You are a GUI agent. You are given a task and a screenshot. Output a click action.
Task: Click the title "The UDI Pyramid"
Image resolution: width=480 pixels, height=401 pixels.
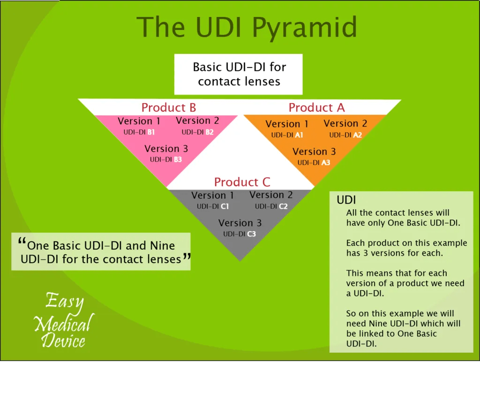click(246, 27)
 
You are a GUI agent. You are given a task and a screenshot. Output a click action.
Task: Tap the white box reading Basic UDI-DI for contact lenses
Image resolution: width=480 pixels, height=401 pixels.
click(239, 74)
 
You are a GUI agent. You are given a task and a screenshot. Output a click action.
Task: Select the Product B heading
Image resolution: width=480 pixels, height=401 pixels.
click(169, 107)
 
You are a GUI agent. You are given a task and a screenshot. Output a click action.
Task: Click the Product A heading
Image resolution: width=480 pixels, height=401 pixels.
click(316, 107)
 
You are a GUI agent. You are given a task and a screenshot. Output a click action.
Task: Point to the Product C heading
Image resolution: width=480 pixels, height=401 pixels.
click(242, 182)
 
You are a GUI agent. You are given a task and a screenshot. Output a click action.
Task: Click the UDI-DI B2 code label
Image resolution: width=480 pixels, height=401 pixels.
click(197, 132)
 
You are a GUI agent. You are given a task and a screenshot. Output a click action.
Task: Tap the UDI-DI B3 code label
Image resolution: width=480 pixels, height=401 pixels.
click(166, 159)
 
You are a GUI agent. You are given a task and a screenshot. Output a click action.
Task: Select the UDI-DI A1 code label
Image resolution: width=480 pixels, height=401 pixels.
click(287, 135)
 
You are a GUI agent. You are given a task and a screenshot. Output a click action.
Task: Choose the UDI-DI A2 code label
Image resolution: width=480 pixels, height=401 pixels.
click(345, 135)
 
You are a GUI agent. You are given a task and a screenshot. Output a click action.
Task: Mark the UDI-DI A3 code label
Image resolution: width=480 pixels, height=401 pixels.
click(314, 163)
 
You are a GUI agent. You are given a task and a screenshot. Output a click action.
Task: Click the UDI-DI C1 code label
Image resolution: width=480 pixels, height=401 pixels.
click(213, 206)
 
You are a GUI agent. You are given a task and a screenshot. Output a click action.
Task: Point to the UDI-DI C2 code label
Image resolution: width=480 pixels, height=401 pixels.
click(271, 206)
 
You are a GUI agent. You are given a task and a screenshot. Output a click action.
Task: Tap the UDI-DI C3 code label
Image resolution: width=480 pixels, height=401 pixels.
click(240, 234)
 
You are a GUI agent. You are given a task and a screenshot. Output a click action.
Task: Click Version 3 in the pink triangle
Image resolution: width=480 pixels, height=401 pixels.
click(166, 149)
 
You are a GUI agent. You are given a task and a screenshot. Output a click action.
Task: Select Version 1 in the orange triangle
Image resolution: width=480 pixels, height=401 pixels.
click(287, 124)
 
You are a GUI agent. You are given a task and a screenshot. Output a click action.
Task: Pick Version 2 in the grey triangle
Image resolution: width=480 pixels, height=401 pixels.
click(271, 195)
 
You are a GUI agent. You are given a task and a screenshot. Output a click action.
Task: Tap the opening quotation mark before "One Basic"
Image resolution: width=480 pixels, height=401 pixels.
click(22, 242)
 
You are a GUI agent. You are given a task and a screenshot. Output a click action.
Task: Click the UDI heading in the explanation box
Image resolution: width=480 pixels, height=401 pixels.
click(346, 200)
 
